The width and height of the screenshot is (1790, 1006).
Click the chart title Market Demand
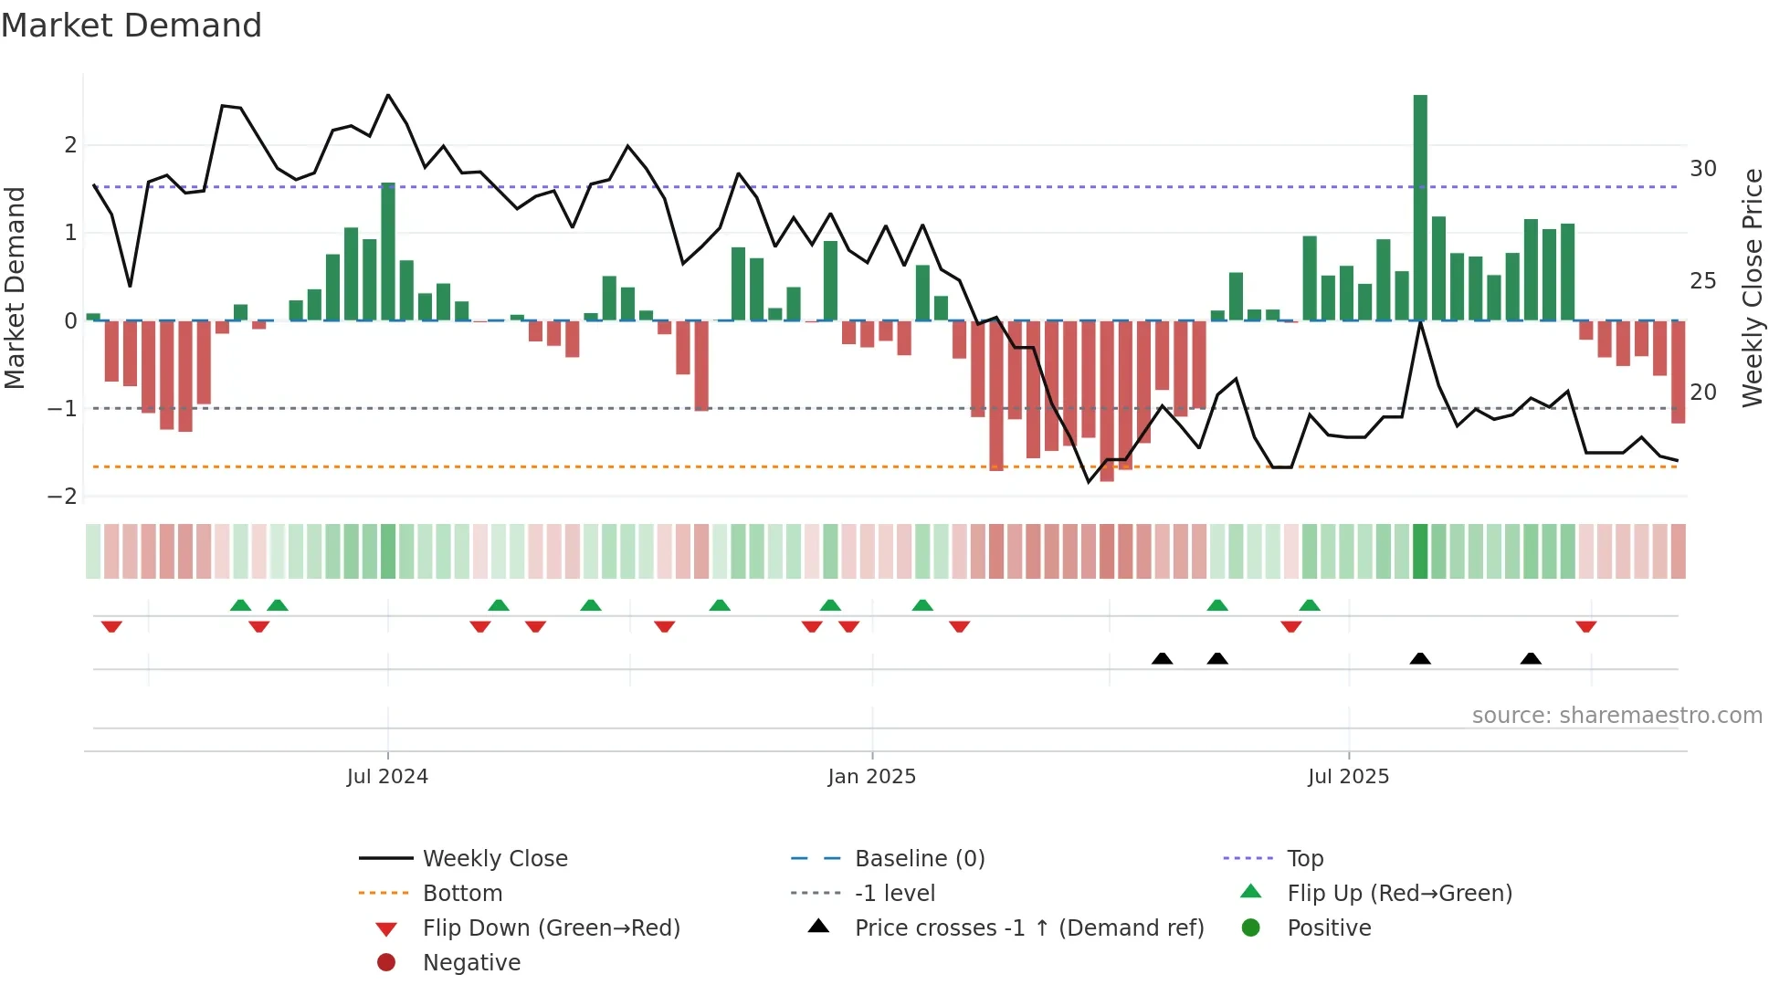coord(132,26)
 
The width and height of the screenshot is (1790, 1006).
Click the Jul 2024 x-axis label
coord(387,777)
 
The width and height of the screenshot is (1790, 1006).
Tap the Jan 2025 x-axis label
coord(871,777)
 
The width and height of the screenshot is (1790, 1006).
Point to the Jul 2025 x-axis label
coord(1348,777)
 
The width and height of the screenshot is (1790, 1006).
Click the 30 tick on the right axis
coord(1702,169)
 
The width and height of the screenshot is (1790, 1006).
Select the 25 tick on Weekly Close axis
coord(1702,280)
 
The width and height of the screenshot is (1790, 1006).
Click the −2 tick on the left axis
coord(62,497)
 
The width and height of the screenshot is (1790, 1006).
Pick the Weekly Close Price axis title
coord(1752,288)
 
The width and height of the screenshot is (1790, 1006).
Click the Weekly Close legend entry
coord(494,859)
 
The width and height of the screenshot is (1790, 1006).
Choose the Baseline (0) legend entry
coord(919,859)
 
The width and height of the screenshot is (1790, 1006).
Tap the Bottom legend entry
coord(462,894)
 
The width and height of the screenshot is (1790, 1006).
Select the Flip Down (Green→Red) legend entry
coord(551,928)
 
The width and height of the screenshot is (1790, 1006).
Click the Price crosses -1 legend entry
coord(1028,928)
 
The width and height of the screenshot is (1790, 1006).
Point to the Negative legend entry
coord(471,963)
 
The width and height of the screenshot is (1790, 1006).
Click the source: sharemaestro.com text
coord(1616,716)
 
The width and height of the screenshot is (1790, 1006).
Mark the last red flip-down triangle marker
coord(1585,626)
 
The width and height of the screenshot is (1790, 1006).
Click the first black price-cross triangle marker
coord(1162,658)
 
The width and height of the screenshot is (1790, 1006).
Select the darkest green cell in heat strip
coord(1420,551)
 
